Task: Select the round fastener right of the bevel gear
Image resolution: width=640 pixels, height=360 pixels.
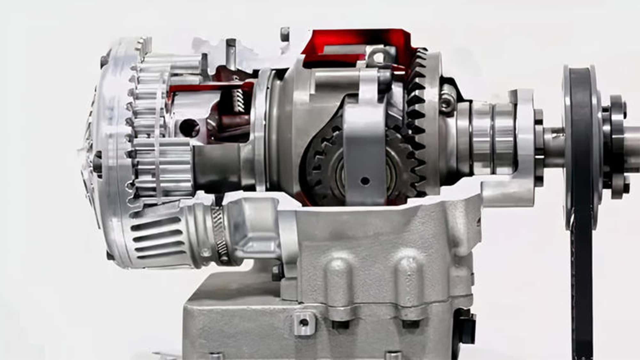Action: (x=446, y=102)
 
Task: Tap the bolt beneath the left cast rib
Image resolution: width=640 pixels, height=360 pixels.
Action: (x=339, y=324)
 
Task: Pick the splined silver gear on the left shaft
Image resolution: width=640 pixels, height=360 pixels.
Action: (x=162, y=163)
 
